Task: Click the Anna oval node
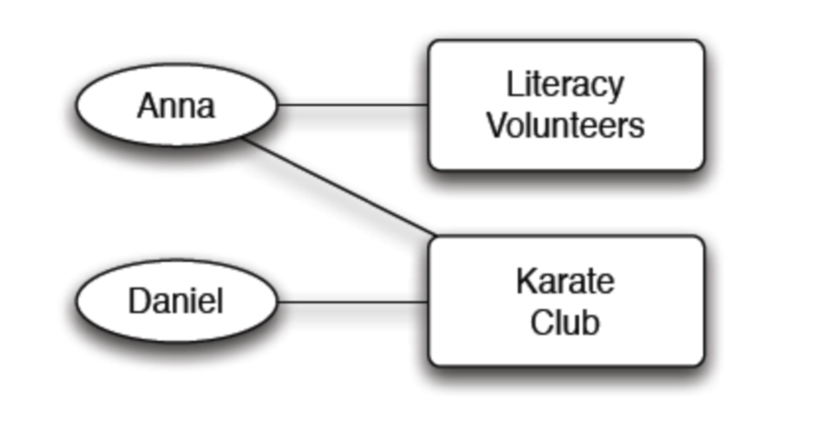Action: [x=176, y=106]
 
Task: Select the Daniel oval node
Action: [x=176, y=302]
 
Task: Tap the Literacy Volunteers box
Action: [x=566, y=105]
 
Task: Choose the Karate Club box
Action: [x=566, y=302]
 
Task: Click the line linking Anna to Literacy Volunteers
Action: [x=351, y=106]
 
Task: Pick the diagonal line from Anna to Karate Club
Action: [x=338, y=186]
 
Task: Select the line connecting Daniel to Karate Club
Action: [x=351, y=302]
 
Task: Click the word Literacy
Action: [x=565, y=85]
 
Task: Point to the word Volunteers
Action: [x=565, y=126]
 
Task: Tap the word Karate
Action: [x=565, y=281]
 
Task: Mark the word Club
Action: [x=565, y=322]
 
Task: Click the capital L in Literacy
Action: [x=514, y=84]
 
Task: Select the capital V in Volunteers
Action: [x=495, y=125]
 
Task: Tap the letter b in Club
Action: [x=591, y=322]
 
